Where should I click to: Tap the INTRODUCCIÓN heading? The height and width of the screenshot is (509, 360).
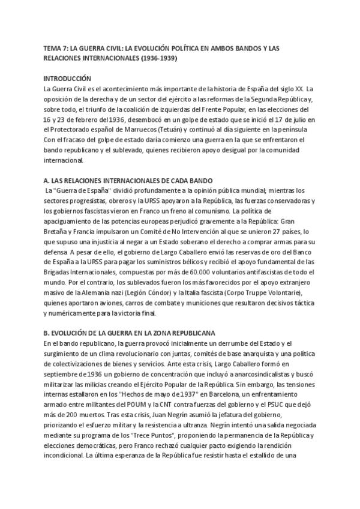click(x=67, y=79)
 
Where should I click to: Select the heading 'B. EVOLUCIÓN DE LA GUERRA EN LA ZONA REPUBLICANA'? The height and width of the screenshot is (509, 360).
click(x=129, y=333)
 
